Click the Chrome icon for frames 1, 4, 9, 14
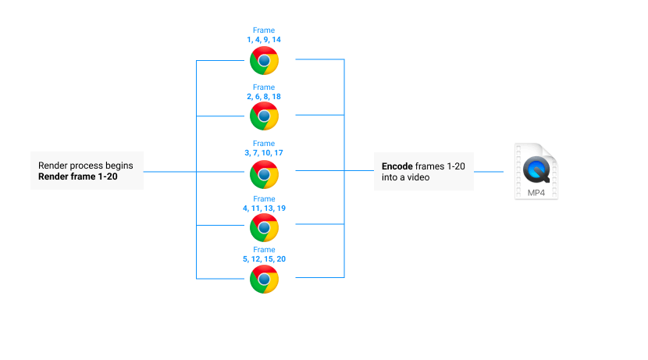264,60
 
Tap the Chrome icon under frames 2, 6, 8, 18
264,116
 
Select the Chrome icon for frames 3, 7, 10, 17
264,174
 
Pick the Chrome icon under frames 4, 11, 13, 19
264,227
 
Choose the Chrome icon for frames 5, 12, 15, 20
264,280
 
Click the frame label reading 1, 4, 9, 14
264,38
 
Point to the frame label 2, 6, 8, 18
264,96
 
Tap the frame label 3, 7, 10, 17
264,153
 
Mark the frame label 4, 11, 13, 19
264,209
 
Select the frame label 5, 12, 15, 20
264,258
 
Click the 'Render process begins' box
87,170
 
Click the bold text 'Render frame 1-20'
77,176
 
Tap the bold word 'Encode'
397,166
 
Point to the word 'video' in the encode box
416,177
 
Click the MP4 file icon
536,172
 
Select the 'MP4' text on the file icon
536,191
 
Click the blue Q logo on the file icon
536,169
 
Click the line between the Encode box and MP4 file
489,171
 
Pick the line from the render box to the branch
169,171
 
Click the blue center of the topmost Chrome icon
264,60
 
